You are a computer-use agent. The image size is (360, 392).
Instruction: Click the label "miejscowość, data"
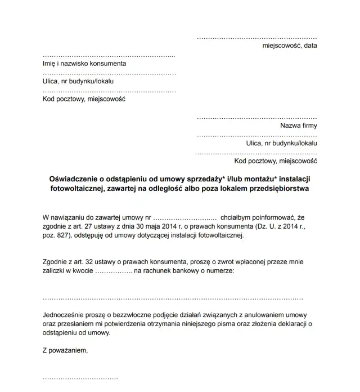pyautogui.click(x=290, y=46)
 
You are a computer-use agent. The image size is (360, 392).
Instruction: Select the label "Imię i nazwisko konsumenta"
pyautogui.click(x=85, y=64)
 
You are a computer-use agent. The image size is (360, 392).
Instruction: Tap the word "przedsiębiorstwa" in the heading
pyautogui.click(x=277, y=189)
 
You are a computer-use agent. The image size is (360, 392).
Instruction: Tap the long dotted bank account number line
pyautogui.click(x=173, y=298)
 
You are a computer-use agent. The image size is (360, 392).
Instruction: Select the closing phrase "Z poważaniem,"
pyautogui.click(x=65, y=350)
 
